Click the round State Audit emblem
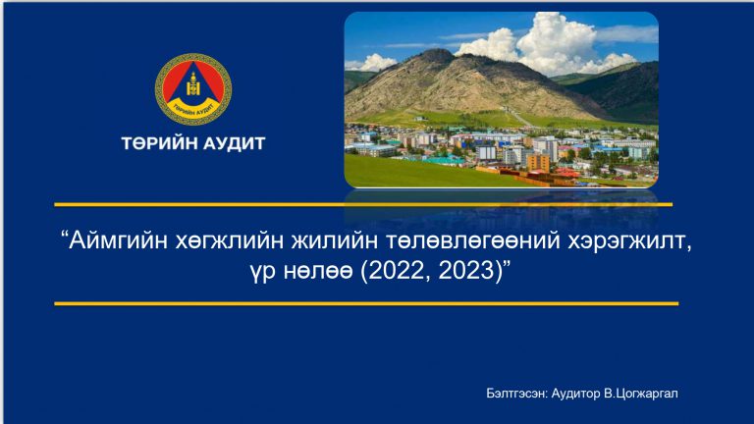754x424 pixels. click(193, 89)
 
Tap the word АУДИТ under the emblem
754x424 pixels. click(228, 143)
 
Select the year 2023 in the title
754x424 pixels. click(466, 271)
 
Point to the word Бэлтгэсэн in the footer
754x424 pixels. click(516, 394)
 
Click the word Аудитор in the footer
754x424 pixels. click(575, 394)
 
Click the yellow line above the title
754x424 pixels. click(363, 205)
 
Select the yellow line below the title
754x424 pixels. click(366, 304)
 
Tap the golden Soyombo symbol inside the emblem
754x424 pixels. click(193, 85)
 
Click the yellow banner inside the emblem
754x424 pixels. click(193, 110)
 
